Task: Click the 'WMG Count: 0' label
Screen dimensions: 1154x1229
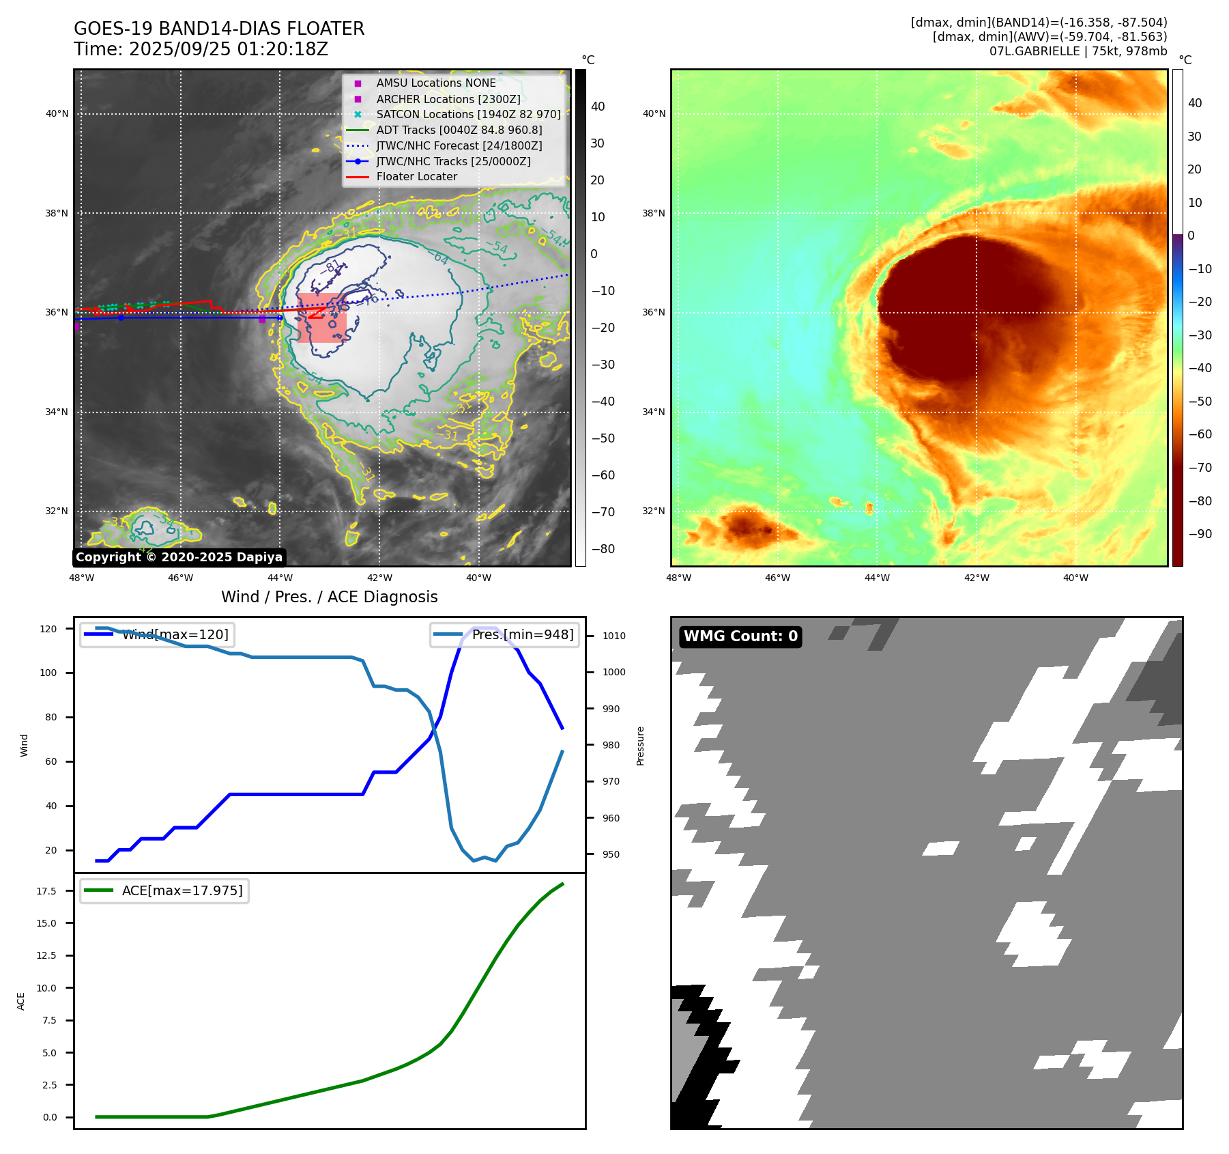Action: click(x=740, y=636)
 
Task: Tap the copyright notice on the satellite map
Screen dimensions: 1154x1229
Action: click(x=179, y=557)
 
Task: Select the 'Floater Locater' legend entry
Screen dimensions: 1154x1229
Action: click(x=416, y=177)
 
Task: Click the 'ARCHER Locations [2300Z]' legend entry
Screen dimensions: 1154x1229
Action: click(x=448, y=99)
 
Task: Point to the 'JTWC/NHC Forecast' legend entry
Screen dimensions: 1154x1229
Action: click(x=459, y=146)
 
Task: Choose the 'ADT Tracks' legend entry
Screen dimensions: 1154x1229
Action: click(x=459, y=130)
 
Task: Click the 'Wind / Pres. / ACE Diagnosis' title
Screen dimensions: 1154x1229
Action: click(x=329, y=597)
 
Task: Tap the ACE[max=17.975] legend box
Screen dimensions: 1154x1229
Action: click(x=164, y=891)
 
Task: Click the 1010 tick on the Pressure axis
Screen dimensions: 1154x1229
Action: click(x=613, y=636)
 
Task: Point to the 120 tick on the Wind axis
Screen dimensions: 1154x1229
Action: click(x=48, y=629)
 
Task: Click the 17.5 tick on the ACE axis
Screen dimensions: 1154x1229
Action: click(x=46, y=891)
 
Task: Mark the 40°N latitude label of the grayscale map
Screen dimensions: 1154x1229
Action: click(x=57, y=114)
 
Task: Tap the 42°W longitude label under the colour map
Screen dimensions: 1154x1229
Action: click(x=976, y=578)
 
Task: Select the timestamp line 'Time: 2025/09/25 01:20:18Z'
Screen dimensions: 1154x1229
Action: click(x=201, y=50)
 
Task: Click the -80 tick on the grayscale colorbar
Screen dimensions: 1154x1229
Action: click(x=603, y=549)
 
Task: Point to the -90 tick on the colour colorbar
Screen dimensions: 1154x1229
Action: click(x=1200, y=534)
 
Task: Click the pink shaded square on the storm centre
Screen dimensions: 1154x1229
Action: click(x=321, y=318)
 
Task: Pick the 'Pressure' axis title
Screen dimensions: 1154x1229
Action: click(x=640, y=746)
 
